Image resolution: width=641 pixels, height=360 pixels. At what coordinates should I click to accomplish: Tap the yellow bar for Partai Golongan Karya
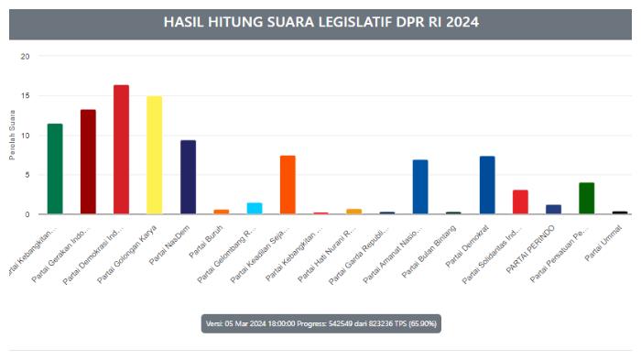[154, 155]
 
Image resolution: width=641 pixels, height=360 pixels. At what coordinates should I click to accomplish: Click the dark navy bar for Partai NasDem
[188, 177]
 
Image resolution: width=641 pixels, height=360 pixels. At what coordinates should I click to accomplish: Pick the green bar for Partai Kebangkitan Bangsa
[55, 169]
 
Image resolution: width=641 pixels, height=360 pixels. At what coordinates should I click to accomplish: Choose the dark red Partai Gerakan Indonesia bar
[88, 161]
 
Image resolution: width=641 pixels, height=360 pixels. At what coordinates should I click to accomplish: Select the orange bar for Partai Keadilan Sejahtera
[288, 184]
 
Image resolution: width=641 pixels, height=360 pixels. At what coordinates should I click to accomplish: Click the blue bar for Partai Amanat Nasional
[420, 187]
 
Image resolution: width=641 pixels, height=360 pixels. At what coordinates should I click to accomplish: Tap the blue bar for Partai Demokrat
[487, 185]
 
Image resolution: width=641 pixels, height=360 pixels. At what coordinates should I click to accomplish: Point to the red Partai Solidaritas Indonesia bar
[520, 202]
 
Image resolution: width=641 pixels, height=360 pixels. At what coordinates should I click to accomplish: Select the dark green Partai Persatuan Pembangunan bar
[586, 198]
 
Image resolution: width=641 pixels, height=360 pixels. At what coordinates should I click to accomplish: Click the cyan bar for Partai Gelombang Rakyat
[254, 208]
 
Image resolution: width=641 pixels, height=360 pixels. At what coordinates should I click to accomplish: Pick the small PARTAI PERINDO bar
[553, 209]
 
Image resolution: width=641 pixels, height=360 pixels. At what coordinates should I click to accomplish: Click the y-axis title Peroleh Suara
[13, 136]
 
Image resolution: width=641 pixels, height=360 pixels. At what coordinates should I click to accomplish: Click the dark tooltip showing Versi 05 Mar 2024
[320, 323]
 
